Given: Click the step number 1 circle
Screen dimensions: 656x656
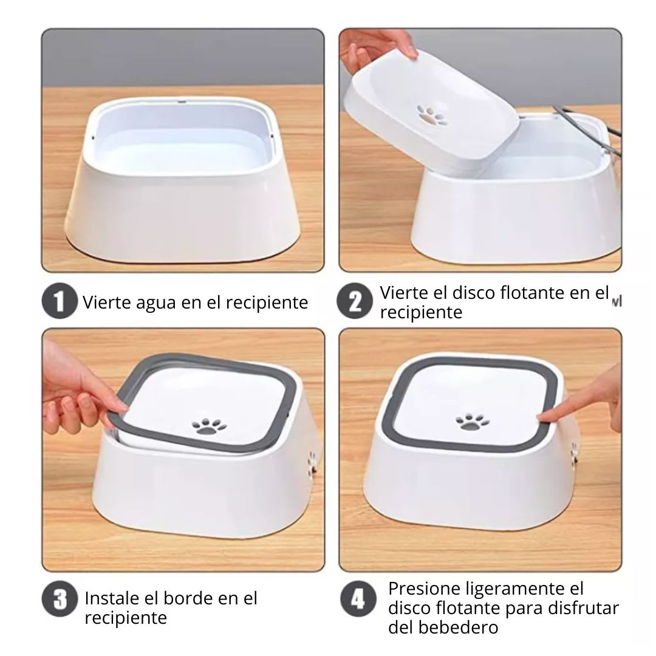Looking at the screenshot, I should [x=59, y=302].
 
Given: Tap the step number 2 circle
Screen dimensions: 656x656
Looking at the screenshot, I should [x=356, y=302].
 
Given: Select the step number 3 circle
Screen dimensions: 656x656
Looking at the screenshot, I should [x=59, y=600].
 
